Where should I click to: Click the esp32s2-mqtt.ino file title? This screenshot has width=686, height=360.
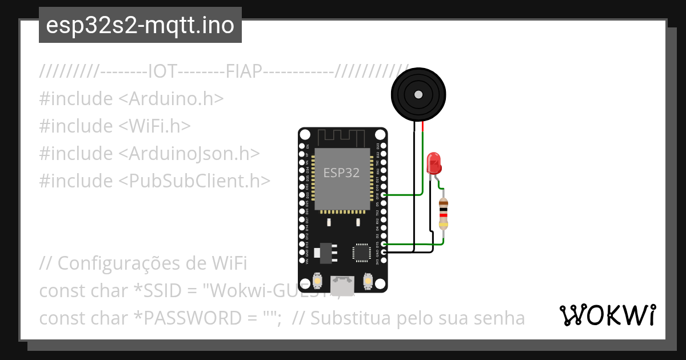click(x=140, y=26)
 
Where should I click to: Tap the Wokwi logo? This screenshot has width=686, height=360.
click(x=607, y=315)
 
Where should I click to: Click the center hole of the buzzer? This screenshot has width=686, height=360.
click(x=418, y=93)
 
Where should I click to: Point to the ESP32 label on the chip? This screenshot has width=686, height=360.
click(x=341, y=173)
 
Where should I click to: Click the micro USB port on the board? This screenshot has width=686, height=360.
click(x=342, y=282)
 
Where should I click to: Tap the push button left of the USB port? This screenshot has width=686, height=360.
click(x=317, y=281)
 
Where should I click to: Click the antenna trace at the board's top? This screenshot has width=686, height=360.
click(x=342, y=137)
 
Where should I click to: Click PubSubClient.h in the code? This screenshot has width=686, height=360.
click(x=194, y=181)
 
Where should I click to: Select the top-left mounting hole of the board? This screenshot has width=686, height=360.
click(x=306, y=135)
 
